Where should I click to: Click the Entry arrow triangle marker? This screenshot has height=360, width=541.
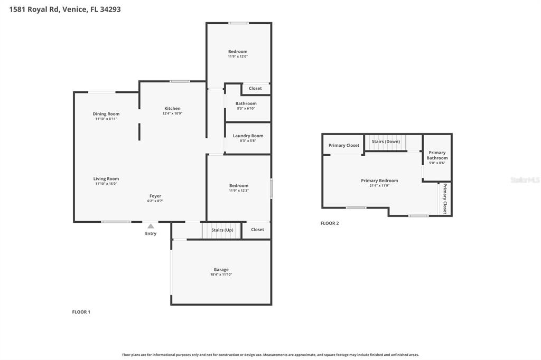(151, 226)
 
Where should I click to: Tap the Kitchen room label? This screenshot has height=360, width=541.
(172, 109)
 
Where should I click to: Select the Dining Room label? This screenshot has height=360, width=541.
(106, 114)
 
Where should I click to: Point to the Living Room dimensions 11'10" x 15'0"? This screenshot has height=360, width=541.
(106, 184)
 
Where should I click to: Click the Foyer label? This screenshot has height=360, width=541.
(155, 196)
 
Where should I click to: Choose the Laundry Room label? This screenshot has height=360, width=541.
(248, 136)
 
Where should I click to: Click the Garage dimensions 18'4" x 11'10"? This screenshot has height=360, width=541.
(221, 274)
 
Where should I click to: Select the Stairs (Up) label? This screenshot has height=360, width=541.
(222, 230)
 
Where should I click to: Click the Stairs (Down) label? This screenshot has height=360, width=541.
(386, 141)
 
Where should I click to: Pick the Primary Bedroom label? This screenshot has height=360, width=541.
(380, 181)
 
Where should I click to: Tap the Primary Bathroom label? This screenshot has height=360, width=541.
(437, 155)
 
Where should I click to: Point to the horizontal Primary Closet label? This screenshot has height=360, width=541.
(344, 145)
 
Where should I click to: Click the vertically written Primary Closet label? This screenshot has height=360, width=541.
(445, 198)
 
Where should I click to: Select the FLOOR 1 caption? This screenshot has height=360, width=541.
(81, 312)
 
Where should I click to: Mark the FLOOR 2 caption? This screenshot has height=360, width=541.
(330, 223)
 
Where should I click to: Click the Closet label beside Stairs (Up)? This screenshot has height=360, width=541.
(257, 230)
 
